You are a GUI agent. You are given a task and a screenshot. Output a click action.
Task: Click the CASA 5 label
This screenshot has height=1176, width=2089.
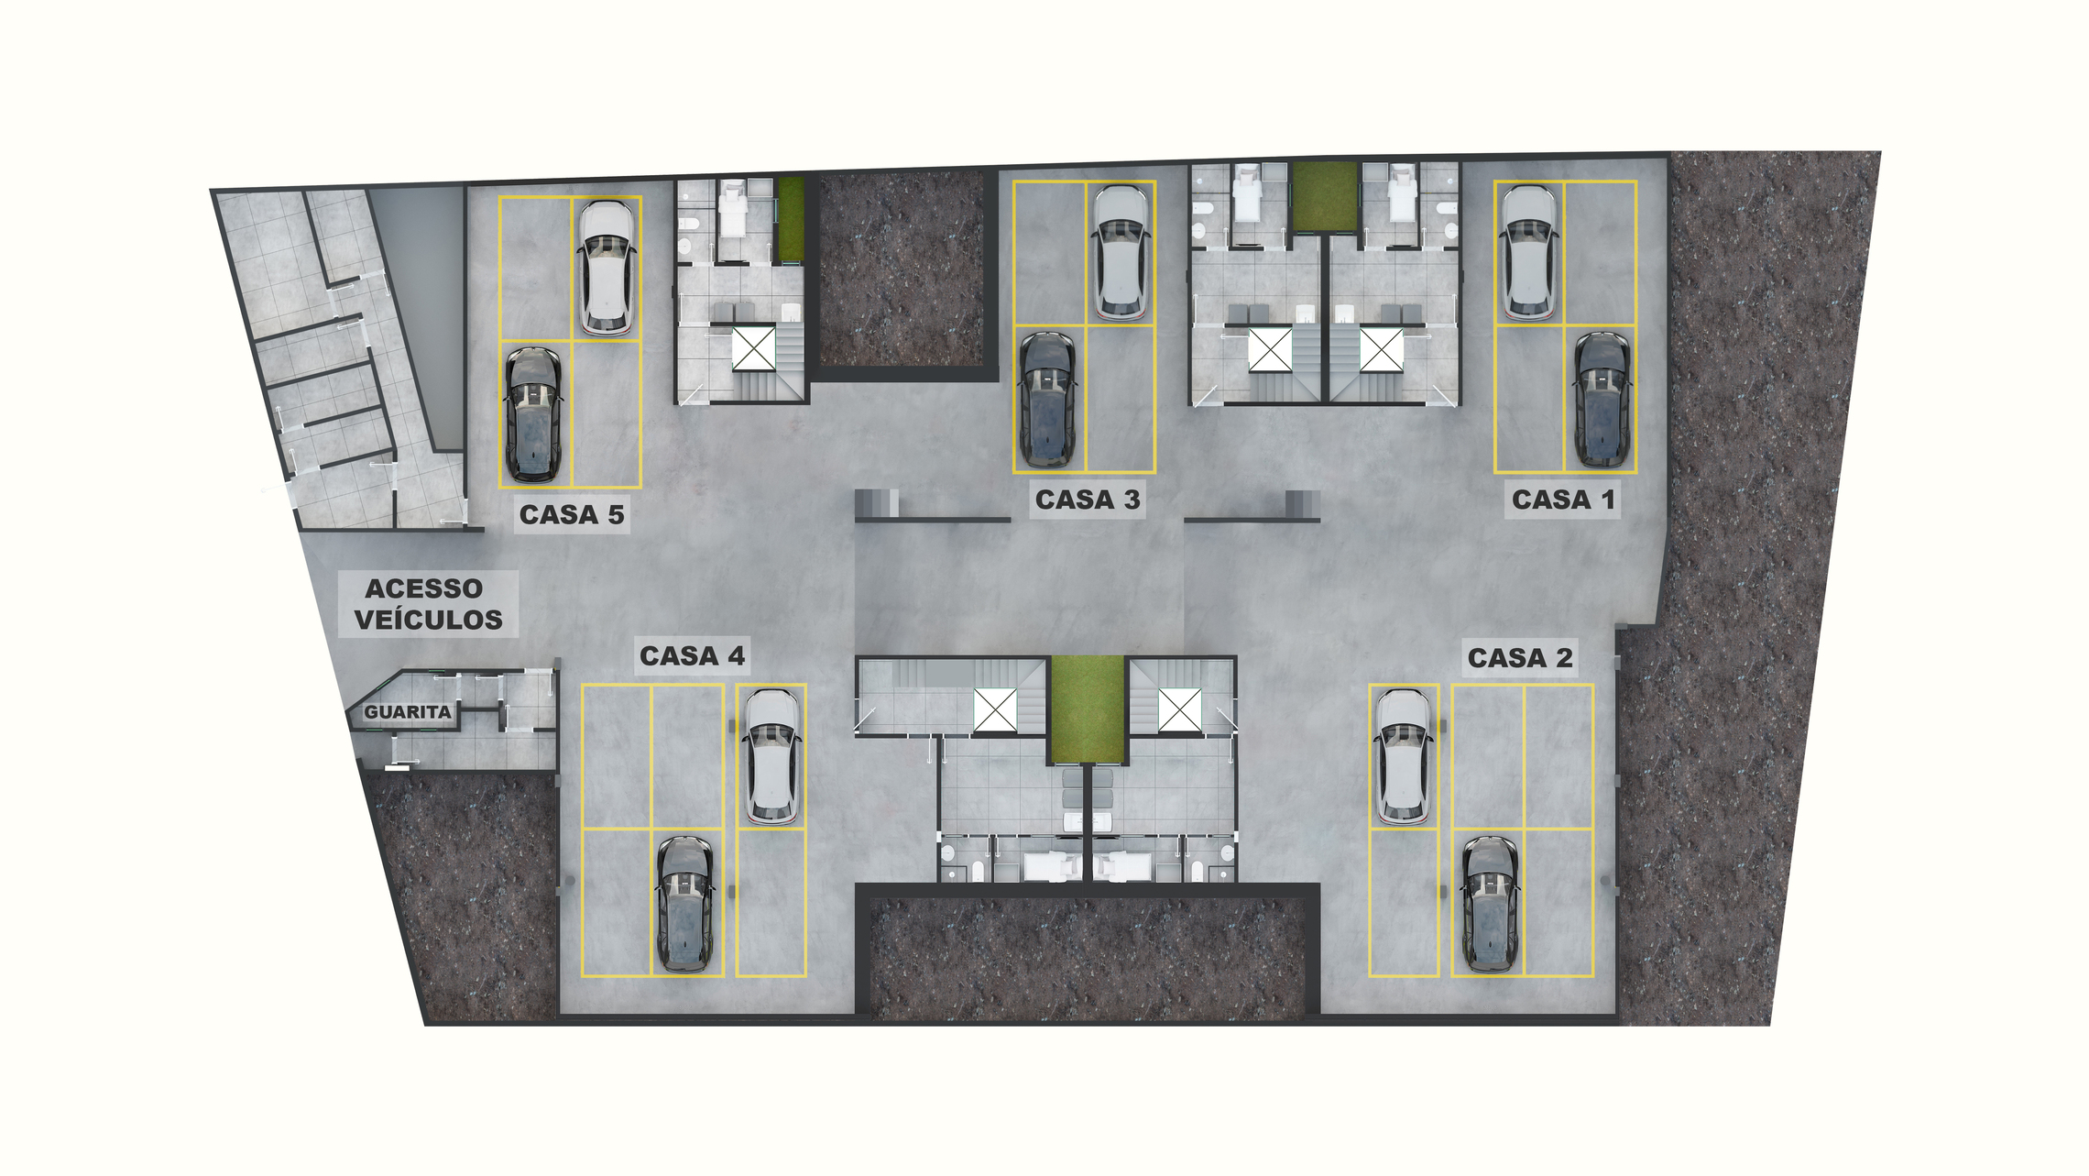[x=572, y=515]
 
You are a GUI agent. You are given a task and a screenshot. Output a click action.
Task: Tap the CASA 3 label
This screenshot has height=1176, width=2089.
[x=1088, y=500]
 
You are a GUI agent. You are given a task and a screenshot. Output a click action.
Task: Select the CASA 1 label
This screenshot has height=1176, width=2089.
[x=1563, y=500]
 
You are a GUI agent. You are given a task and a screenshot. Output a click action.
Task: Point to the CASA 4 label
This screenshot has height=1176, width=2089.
[x=692, y=656]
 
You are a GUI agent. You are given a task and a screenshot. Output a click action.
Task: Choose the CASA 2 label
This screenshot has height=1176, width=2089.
[x=1520, y=658]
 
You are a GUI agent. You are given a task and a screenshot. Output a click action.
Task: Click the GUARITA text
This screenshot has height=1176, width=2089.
[x=408, y=712]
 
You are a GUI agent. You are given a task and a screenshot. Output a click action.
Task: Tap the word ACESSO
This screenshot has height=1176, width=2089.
[x=424, y=588]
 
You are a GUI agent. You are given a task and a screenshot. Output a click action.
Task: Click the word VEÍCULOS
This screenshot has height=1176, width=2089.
[x=429, y=620]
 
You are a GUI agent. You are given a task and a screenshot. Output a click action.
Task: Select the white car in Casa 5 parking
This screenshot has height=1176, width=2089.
[x=607, y=267]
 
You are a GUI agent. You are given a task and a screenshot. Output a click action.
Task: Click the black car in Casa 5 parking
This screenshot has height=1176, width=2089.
[x=534, y=414]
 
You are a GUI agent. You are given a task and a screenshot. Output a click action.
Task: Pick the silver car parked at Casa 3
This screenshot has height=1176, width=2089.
[x=1121, y=253]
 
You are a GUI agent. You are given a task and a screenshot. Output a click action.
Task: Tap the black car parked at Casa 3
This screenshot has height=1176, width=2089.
[x=1048, y=400]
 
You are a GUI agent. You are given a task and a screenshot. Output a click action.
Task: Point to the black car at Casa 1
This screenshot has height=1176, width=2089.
[x=1602, y=400]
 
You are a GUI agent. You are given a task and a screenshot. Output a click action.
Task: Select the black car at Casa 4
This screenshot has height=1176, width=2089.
[x=684, y=904]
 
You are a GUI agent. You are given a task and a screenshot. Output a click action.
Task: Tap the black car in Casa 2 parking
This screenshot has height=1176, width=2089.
[x=1490, y=904]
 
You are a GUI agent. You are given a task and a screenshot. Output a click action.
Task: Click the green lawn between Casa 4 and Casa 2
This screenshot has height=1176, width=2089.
[x=1088, y=709]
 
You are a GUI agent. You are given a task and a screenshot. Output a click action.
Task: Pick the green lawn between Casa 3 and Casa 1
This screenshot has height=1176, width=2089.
[x=1325, y=196]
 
